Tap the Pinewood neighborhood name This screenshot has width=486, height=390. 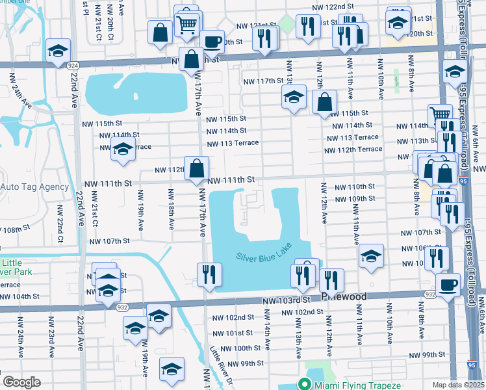click(344, 296)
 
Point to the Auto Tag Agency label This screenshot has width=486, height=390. click(34, 187)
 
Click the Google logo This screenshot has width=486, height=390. click(21, 382)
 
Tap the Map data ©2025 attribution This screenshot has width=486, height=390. click(458, 385)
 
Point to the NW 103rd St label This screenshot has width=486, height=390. click(284, 301)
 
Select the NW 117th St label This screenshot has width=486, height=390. click(263, 81)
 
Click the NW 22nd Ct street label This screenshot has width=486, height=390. click(59, 218)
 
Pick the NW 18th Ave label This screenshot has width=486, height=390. click(171, 209)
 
